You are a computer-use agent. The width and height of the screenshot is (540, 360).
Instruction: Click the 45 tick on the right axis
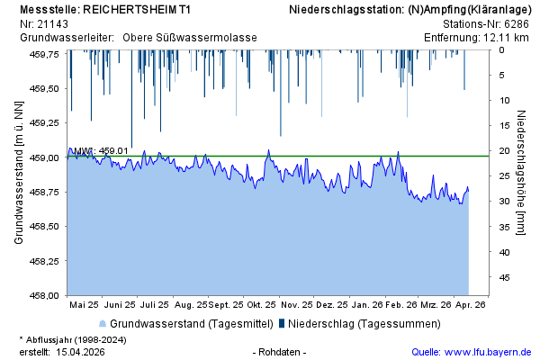[506, 277]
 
